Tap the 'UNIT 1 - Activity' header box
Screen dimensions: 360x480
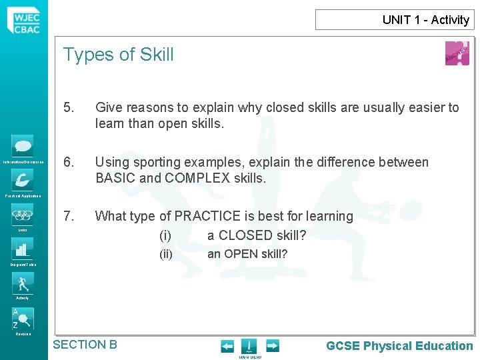tap(395, 20)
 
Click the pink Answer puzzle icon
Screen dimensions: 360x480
tap(457, 53)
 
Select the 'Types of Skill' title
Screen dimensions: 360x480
tap(118, 55)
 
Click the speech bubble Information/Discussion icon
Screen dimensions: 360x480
tap(23, 146)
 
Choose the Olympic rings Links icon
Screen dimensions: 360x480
tap(23, 215)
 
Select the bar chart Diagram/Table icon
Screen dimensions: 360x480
tap(23, 249)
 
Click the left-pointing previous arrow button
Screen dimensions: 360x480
tap(227, 346)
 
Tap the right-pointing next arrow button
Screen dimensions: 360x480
tap(272, 346)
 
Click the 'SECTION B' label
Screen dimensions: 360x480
tap(85, 345)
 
